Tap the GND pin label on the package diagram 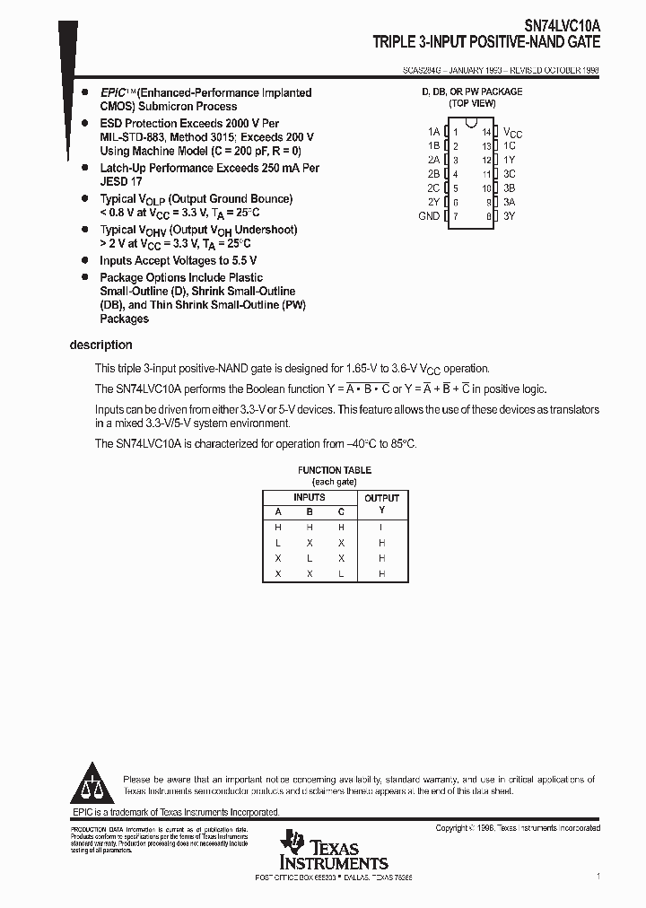click(429, 216)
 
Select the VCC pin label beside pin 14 click(512, 132)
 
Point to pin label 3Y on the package click(509, 216)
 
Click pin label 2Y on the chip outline click(433, 203)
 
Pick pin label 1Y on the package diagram click(509, 160)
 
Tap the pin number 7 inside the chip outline click(455, 217)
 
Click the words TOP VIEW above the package click(472, 104)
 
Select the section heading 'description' click(100, 345)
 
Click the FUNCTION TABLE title click(335, 470)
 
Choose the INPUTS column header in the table click(310, 497)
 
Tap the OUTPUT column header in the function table click(381, 498)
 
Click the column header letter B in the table click(310, 512)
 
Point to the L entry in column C click(341, 573)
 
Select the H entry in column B click(310, 528)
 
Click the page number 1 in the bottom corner click(598, 876)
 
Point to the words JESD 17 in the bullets click(123, 182)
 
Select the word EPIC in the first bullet click(112, 92)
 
